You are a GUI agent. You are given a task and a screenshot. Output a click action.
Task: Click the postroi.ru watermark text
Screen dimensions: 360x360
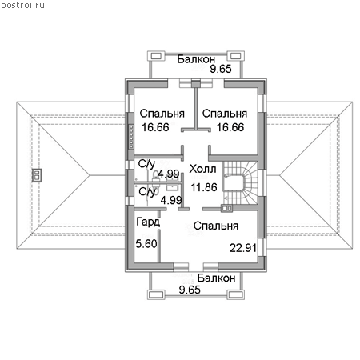[22, 6]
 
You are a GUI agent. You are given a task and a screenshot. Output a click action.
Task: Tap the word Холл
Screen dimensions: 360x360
[202, 169]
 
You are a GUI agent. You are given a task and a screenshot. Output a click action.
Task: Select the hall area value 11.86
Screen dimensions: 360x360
[204, 187]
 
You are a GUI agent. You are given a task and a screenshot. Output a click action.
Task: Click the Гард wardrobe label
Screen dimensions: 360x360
[148, 222]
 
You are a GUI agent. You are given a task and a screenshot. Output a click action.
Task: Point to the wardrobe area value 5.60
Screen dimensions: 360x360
[146, 243]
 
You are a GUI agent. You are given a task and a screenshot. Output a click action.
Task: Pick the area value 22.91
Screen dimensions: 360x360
[243, 248]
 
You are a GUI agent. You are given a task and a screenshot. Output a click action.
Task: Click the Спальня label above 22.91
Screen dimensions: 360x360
[216, 226]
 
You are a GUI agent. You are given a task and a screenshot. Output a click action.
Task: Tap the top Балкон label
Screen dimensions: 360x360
[196, 59]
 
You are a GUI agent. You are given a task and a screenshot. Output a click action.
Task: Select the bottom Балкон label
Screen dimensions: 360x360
[216, 278]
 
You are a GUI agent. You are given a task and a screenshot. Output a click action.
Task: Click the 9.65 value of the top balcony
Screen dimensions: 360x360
[221, 69]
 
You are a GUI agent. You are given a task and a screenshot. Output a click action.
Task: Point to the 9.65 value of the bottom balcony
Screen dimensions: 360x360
[190, 290]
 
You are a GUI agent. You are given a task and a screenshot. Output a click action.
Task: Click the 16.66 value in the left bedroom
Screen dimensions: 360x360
[155, 127]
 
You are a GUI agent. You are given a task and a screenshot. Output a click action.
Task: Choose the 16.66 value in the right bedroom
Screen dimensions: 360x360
[230, 127]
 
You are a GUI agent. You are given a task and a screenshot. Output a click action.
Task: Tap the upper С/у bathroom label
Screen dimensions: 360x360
[146, 164]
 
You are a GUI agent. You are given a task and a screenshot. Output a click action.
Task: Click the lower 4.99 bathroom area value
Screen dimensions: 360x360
[171, 200]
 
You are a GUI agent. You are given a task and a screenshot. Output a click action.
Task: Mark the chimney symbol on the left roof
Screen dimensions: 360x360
[37, 175]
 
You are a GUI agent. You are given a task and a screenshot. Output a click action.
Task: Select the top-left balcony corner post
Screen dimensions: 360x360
[156, 56]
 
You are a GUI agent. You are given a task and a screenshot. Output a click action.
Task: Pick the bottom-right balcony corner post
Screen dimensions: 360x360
[235, 294]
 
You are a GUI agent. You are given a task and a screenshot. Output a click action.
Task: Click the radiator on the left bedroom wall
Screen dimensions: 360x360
[131, 137]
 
